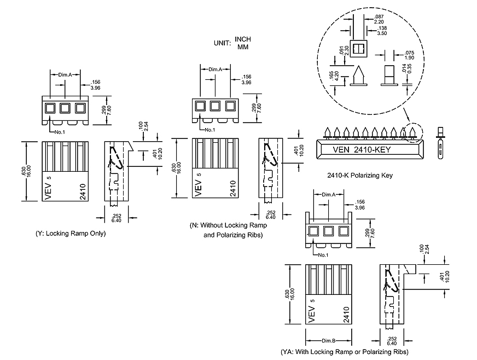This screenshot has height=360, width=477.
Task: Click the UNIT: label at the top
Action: (224, 43)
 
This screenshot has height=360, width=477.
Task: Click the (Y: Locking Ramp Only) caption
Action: (70, 234)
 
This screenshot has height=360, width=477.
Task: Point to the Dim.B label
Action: (329, 341)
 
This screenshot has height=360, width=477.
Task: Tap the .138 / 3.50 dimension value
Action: (382, 31)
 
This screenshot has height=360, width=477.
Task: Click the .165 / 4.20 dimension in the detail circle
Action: (335, 77)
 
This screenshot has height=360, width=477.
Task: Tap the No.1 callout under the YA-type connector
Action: (322, 255)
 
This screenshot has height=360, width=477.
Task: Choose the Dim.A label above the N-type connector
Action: (215, 69)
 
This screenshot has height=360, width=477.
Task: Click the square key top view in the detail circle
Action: (358, 50)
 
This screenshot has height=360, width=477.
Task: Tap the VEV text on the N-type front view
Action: (198, 187)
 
